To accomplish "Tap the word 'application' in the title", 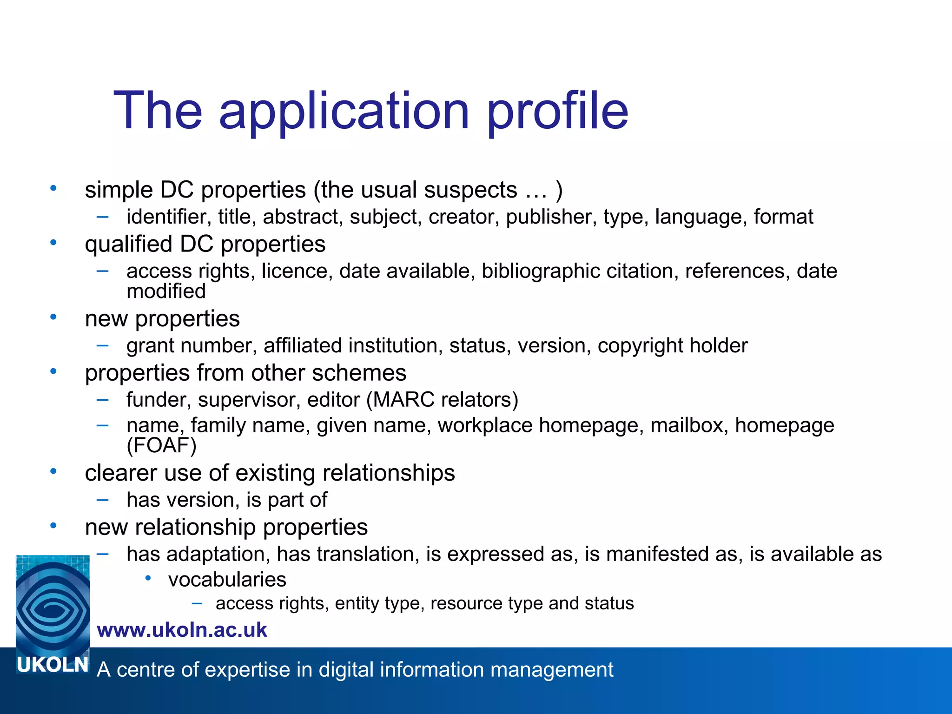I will point(344,112).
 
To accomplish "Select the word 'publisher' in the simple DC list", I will point(551,217).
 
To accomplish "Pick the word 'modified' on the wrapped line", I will point(166,291).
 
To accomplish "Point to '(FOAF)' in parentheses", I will point(161,445).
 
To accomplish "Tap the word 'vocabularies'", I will point(227,580).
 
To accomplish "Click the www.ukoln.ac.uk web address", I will point(182,630).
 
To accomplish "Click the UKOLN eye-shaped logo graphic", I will point(53,604).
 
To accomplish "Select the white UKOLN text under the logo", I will point(53,665).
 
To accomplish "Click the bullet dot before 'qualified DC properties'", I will point(53,243).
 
